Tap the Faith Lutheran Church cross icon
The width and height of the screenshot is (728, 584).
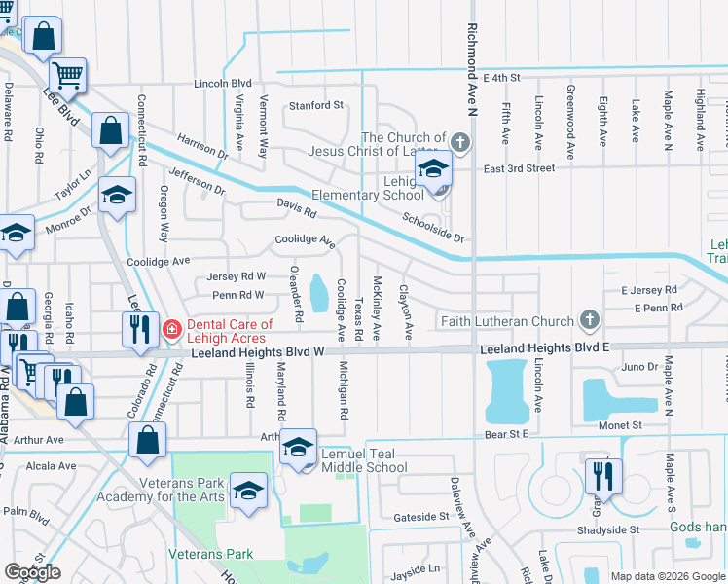[x=588, y=319]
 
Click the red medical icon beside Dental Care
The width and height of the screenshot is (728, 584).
[x=172, y=329]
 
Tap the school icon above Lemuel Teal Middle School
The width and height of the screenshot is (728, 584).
[x=299, y=446]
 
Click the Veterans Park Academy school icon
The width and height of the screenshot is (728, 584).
[x=248, y=489]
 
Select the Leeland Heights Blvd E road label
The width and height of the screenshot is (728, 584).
[x=543, y=349]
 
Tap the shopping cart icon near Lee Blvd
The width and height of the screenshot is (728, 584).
[x=68, y=74]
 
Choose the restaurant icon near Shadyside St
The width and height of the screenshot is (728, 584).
[x=602, y=475]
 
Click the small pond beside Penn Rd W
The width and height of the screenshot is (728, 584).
[x=318, y=289]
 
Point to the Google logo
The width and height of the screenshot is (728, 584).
[x=32, y=571]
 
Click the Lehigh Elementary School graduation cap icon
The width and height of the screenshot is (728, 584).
[x=434, y=169]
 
